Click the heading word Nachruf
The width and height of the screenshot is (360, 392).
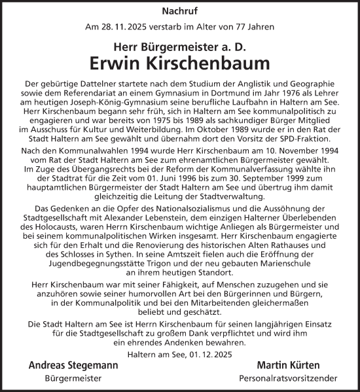[181, 11]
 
